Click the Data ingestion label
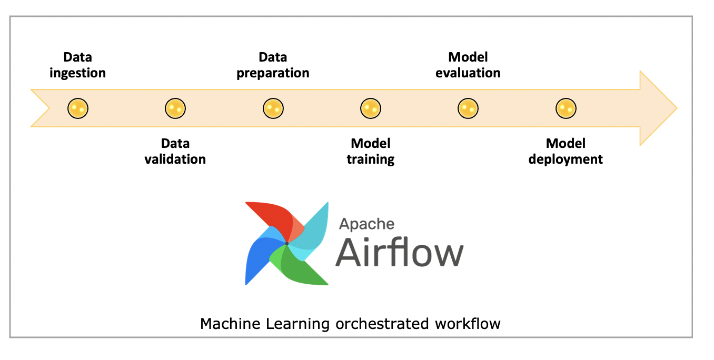click(x=77, y=65)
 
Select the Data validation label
click(x=175, y=152)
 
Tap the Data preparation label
click(x=273, y=65)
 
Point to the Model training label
click(x=370, y=152)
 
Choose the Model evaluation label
click(x=468, y=65)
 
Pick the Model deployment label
click(x=566, y=152)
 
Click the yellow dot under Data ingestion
click(x=78, y=108)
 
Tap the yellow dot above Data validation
click(x=175, y=108)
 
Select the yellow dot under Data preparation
click(x=273, y=108)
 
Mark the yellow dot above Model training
click(x=370, y=108)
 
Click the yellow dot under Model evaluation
click(x=468, y=108)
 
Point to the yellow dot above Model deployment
click(x=566, y=108)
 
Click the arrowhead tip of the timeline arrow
click(x=677, y=108)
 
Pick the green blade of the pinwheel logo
click(x=298, y=267)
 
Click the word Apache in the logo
click(x=366, y=224)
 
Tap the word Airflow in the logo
click(x=400, y=252)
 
